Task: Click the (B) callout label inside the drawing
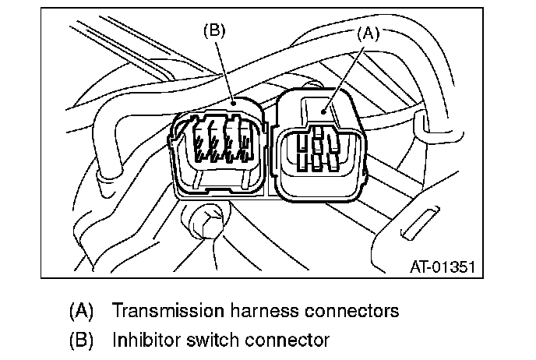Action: point(214,32)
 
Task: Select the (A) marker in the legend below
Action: point(81,311)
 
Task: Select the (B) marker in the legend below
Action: point(81,340)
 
